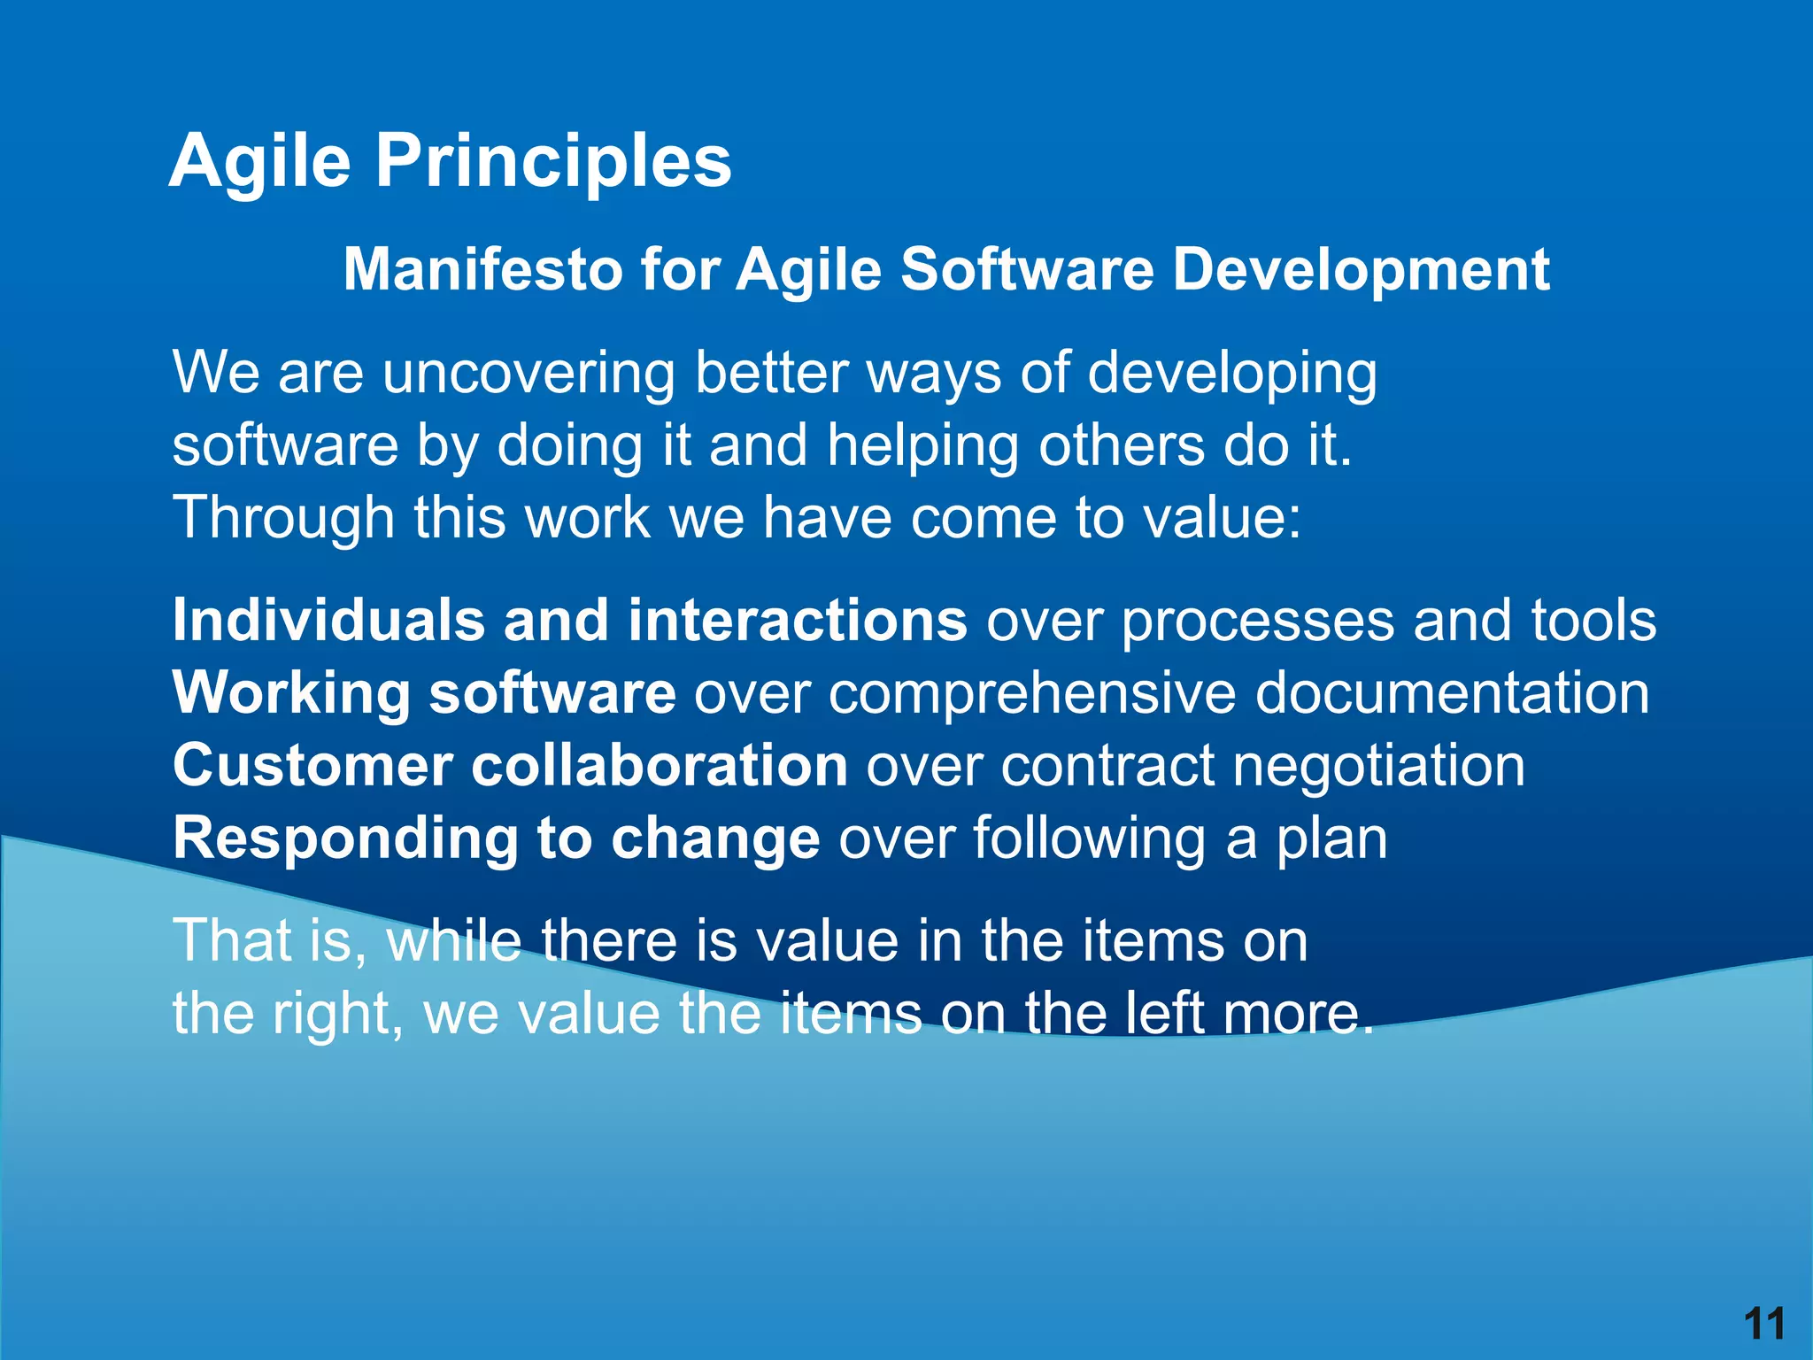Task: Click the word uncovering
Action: pos(528,373)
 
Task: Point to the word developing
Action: pos(1231,373)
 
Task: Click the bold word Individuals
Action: pos(328,620)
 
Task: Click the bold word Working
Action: pos(291,692)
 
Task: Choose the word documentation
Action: pos(1452,692)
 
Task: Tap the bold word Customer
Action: pos(312,765)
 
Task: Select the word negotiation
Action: pos(1378,765)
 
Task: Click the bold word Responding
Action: pos(344,838)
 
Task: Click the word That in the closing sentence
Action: pos(232,940)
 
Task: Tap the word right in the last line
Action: pos(329,1013)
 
